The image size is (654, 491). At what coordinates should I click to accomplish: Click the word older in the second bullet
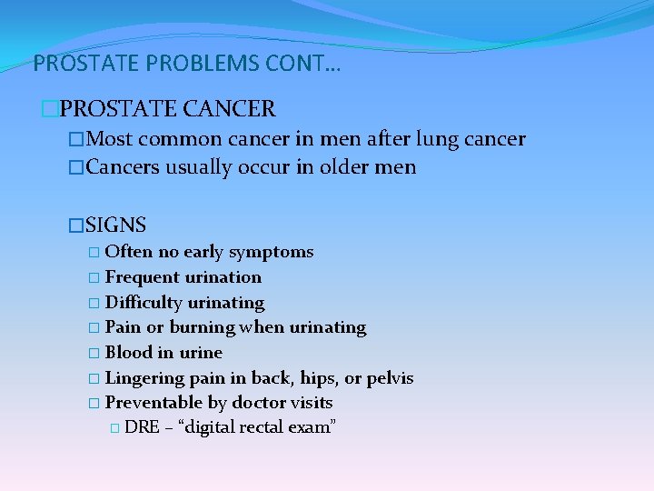click(x=348, y=167)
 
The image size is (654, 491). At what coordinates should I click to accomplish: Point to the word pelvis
click(x=390, y=377)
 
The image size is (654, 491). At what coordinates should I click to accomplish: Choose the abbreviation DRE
click(x=141, y=427)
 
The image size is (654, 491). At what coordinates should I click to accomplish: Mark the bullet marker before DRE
click(x=114, y=427)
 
